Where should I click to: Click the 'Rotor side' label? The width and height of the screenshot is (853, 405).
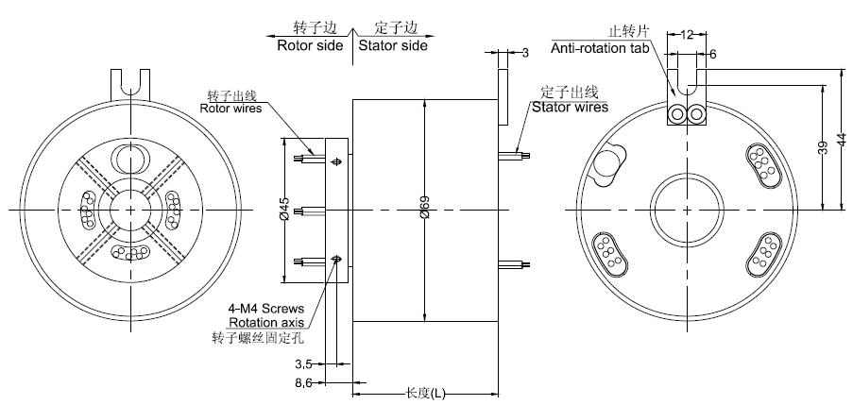(313, 45)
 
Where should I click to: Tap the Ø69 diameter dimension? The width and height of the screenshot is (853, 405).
(424, 211)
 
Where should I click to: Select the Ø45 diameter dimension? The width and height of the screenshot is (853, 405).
(284, 211)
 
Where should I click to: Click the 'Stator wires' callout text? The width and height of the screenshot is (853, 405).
(570, 107)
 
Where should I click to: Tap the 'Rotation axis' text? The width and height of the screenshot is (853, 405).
(264, 322)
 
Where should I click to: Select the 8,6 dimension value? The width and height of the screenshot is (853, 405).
(304, 382)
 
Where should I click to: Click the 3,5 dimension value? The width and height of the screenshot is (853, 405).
(304, 363)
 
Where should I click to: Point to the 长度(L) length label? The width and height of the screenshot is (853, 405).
(424, 392)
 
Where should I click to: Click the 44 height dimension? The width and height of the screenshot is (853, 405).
(843, 138)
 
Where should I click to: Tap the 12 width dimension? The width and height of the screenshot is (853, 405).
(687, 34)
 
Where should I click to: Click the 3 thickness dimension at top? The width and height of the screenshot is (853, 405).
(525, 50)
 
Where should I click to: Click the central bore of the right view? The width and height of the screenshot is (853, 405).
(687, 207)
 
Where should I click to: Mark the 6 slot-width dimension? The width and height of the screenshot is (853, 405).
(712, 55)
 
